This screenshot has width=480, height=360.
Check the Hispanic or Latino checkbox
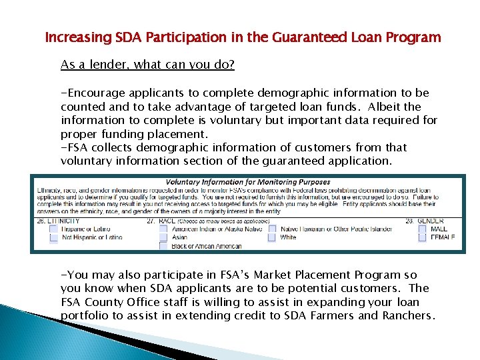54,229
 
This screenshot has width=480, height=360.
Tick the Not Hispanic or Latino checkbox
54,237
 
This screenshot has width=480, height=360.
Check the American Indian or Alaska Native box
163,229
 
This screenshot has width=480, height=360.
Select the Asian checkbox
163,237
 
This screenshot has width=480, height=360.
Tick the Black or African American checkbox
163,246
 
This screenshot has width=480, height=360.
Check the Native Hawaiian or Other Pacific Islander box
272,229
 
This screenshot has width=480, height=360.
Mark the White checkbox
272,237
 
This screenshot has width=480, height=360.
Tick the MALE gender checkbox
422,229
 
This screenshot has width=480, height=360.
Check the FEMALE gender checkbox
422,237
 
